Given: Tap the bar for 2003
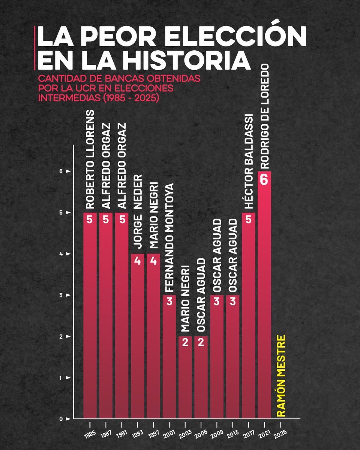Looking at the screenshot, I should (185, 379).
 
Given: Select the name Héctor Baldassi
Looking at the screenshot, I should (248, 161).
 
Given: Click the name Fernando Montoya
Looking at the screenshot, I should (169, 238).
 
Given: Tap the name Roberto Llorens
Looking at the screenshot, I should (90, 159).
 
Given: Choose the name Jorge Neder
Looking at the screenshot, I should (138, 211).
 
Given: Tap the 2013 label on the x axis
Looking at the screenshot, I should (232, 433).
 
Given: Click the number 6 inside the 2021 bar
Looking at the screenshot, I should (264, 180).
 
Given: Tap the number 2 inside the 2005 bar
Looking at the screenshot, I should (201, 343).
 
